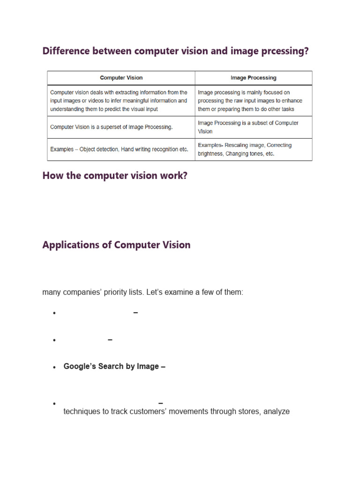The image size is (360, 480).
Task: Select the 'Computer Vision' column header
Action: point(121,78)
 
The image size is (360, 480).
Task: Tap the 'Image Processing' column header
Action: point(254,78)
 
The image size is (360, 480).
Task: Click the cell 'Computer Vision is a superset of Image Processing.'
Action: point(112,127)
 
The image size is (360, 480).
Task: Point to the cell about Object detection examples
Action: point(119,150)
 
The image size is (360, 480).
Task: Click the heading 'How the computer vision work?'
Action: point(115,176)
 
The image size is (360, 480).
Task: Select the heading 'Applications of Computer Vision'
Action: point(116,245)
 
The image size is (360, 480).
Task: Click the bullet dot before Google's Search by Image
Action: point(55,367)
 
